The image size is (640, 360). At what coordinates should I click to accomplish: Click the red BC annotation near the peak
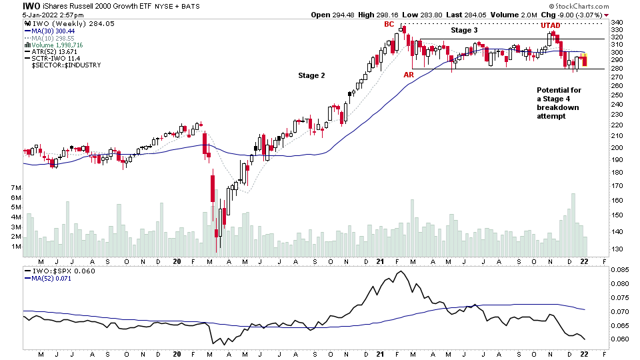pos(389,24)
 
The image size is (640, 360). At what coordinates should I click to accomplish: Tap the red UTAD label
pos(550,25)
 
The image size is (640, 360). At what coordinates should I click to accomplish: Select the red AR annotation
pos(409,75)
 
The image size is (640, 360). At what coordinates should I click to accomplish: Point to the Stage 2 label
pos(311,75)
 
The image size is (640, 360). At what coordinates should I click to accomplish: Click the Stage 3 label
pos(464,30)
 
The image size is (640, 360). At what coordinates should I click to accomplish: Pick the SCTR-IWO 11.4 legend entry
pos(55,58)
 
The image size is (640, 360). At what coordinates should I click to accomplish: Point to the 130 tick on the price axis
pos(616,249)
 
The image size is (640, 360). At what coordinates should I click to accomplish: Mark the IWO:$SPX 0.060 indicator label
pos(51,271)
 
